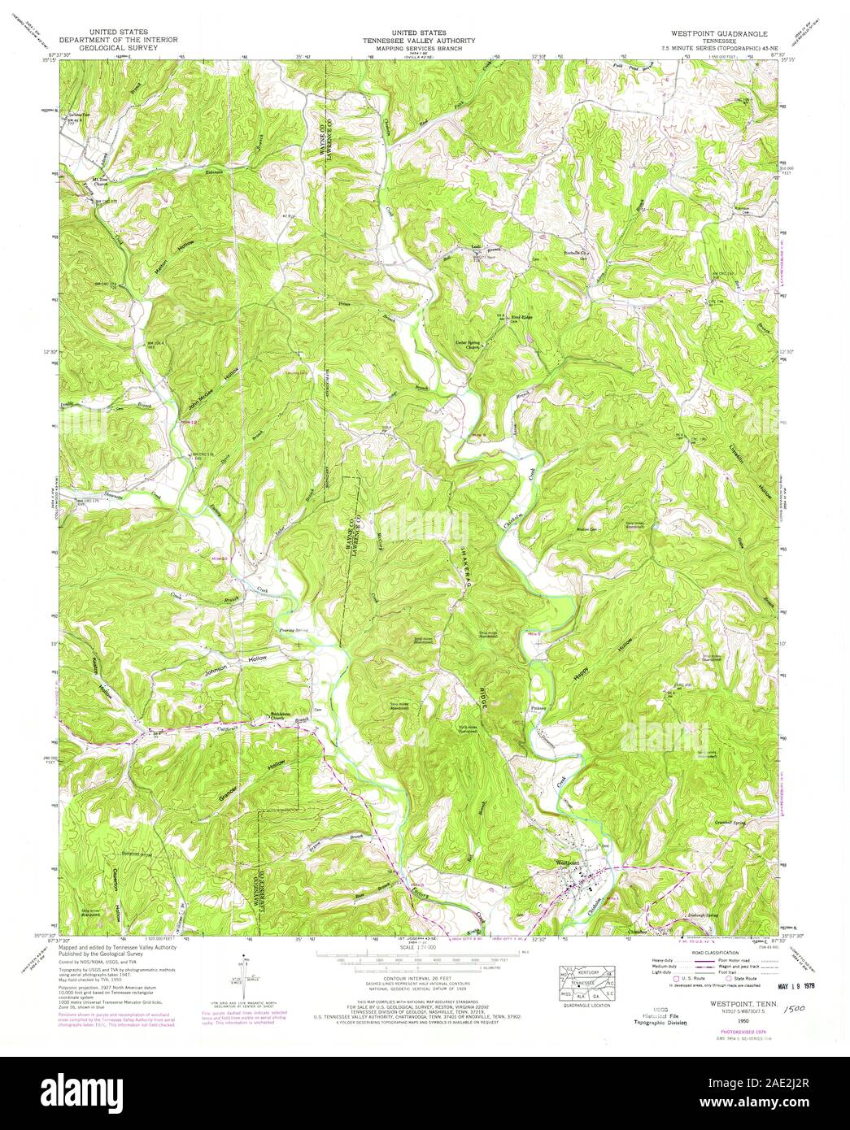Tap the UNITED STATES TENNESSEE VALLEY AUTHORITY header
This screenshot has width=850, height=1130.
point(424,38)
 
